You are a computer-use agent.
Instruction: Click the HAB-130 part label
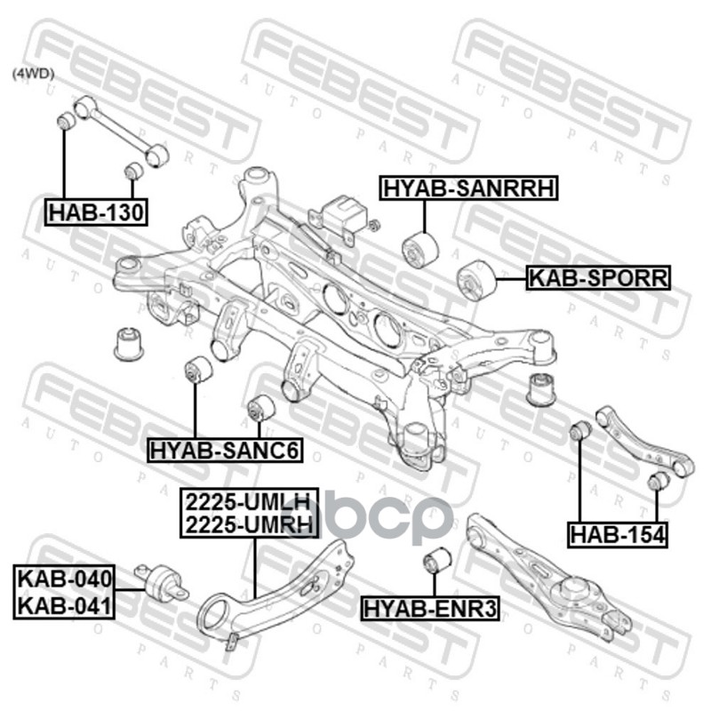[99, 212]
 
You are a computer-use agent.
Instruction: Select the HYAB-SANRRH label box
[468, 188]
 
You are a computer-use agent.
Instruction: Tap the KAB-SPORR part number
[597, 278]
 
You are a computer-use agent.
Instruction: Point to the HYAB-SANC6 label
[225, 451]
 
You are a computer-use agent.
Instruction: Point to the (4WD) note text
[33, 76]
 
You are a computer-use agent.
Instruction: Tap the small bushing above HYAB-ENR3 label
[436, 562]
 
